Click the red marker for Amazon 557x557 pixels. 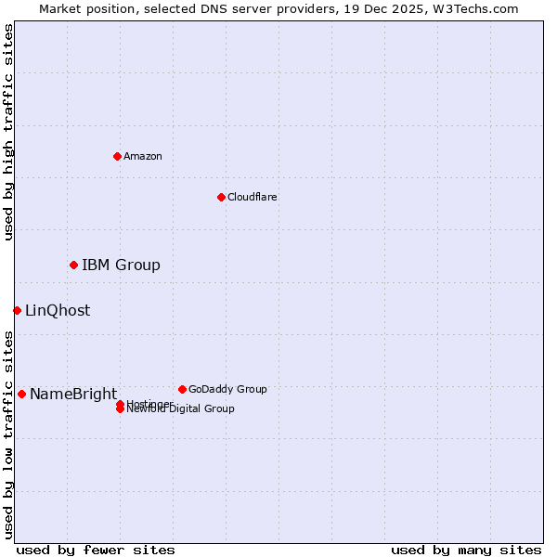[117, 156]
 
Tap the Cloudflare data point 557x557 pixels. [221, 197]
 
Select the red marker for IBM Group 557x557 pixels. [73, 266]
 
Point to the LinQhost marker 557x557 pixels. [17, 310]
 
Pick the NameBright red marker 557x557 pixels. [21, 394]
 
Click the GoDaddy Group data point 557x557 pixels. [182, 389]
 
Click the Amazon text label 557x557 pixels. [143, 156]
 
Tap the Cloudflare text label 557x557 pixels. [253, 197]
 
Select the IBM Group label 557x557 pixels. [121, 266]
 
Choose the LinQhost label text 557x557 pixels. [58, 311]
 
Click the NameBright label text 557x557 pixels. [73, 395]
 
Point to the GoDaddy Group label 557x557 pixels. [227, 389]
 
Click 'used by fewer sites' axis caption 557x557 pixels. [96, 550]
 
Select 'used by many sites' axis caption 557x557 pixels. [466, 550]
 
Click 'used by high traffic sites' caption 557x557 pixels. [8, 132]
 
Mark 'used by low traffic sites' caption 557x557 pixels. [8, 434]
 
